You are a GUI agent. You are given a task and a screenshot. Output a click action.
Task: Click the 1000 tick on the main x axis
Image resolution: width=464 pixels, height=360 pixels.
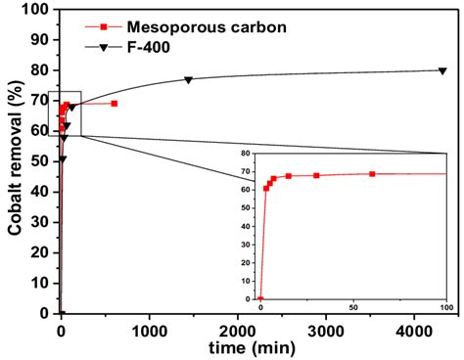point(149,328)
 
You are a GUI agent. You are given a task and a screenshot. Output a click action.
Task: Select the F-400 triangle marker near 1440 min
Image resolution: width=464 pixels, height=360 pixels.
point(188,79)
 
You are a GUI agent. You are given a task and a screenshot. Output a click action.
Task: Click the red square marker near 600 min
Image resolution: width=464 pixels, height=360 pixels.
point(114,103)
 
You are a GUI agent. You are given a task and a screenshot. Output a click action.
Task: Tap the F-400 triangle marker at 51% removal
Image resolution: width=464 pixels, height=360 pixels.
point(63,158)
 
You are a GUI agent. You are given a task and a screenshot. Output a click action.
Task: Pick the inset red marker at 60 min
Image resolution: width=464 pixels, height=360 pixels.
point(372,174)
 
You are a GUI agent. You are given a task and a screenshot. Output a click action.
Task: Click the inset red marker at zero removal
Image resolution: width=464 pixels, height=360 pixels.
point(260,299)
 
